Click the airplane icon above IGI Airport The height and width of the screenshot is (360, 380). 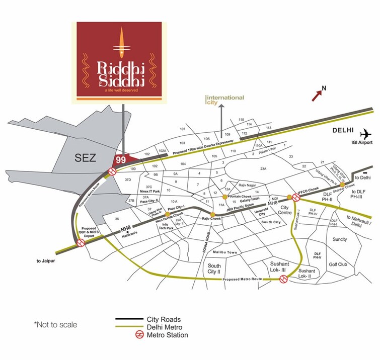point(366,134)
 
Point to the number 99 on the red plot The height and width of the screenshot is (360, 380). point(120,159)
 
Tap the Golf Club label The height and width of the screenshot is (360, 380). point(338,264)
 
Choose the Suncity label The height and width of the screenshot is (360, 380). point(340,239)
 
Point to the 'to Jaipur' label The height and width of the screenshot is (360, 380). point(48,261)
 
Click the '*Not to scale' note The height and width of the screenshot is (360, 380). point(55,325)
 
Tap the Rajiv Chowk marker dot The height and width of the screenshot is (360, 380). point(212,215)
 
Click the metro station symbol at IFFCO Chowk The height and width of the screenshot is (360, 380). point(290,197)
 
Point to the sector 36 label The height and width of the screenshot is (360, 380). point(117,219)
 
